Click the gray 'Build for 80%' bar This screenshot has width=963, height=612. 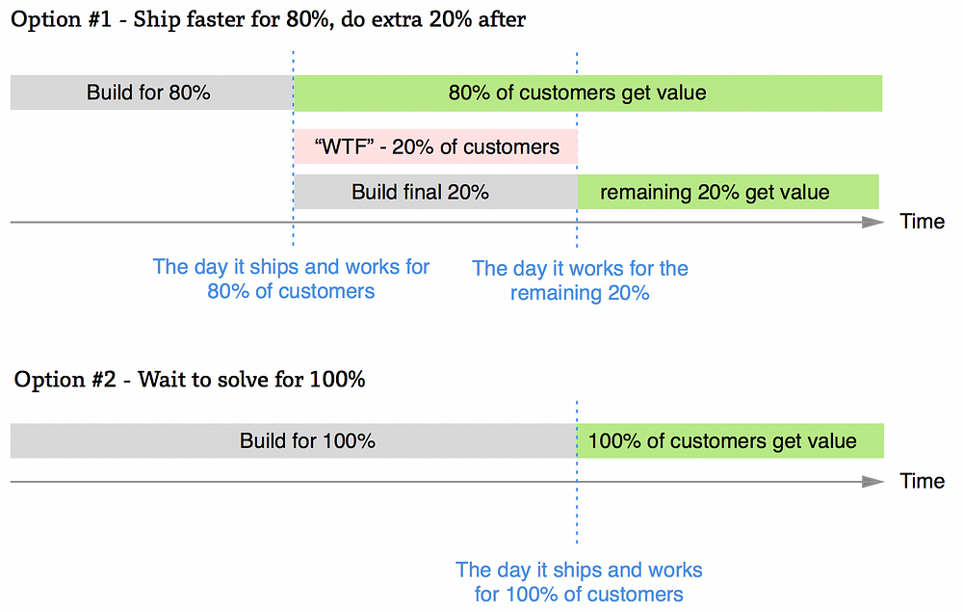[x=150, y=93]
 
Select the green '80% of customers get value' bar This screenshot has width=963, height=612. [x=587, y=93]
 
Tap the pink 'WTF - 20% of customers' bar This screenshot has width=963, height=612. [x=435, y=146]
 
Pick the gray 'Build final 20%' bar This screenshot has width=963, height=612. [x=433, y=192]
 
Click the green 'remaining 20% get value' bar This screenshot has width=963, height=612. [x=728, y=192]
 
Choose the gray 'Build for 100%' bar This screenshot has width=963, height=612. [x=293, y=441]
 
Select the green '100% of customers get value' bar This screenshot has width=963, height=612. [x=730, y=441]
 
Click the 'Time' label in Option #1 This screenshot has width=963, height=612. [x=922, y=222]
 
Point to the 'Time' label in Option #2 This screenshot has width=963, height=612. [x=922, y=480]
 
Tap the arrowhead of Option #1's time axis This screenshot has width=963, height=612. [x=872, y=222]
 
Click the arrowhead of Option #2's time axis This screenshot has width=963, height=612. [x=872, y=480]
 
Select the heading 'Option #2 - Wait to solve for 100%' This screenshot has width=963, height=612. [x=190, y=379]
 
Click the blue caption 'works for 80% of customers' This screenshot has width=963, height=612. [x=291, y=279]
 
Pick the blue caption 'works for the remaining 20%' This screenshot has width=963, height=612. [x=580, y=280]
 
